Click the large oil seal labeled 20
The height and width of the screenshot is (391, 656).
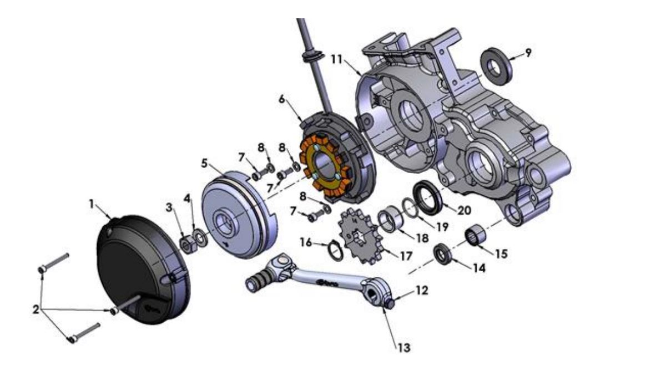[x=429, y=196]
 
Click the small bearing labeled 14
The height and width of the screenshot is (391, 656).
[x=444, y=255]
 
